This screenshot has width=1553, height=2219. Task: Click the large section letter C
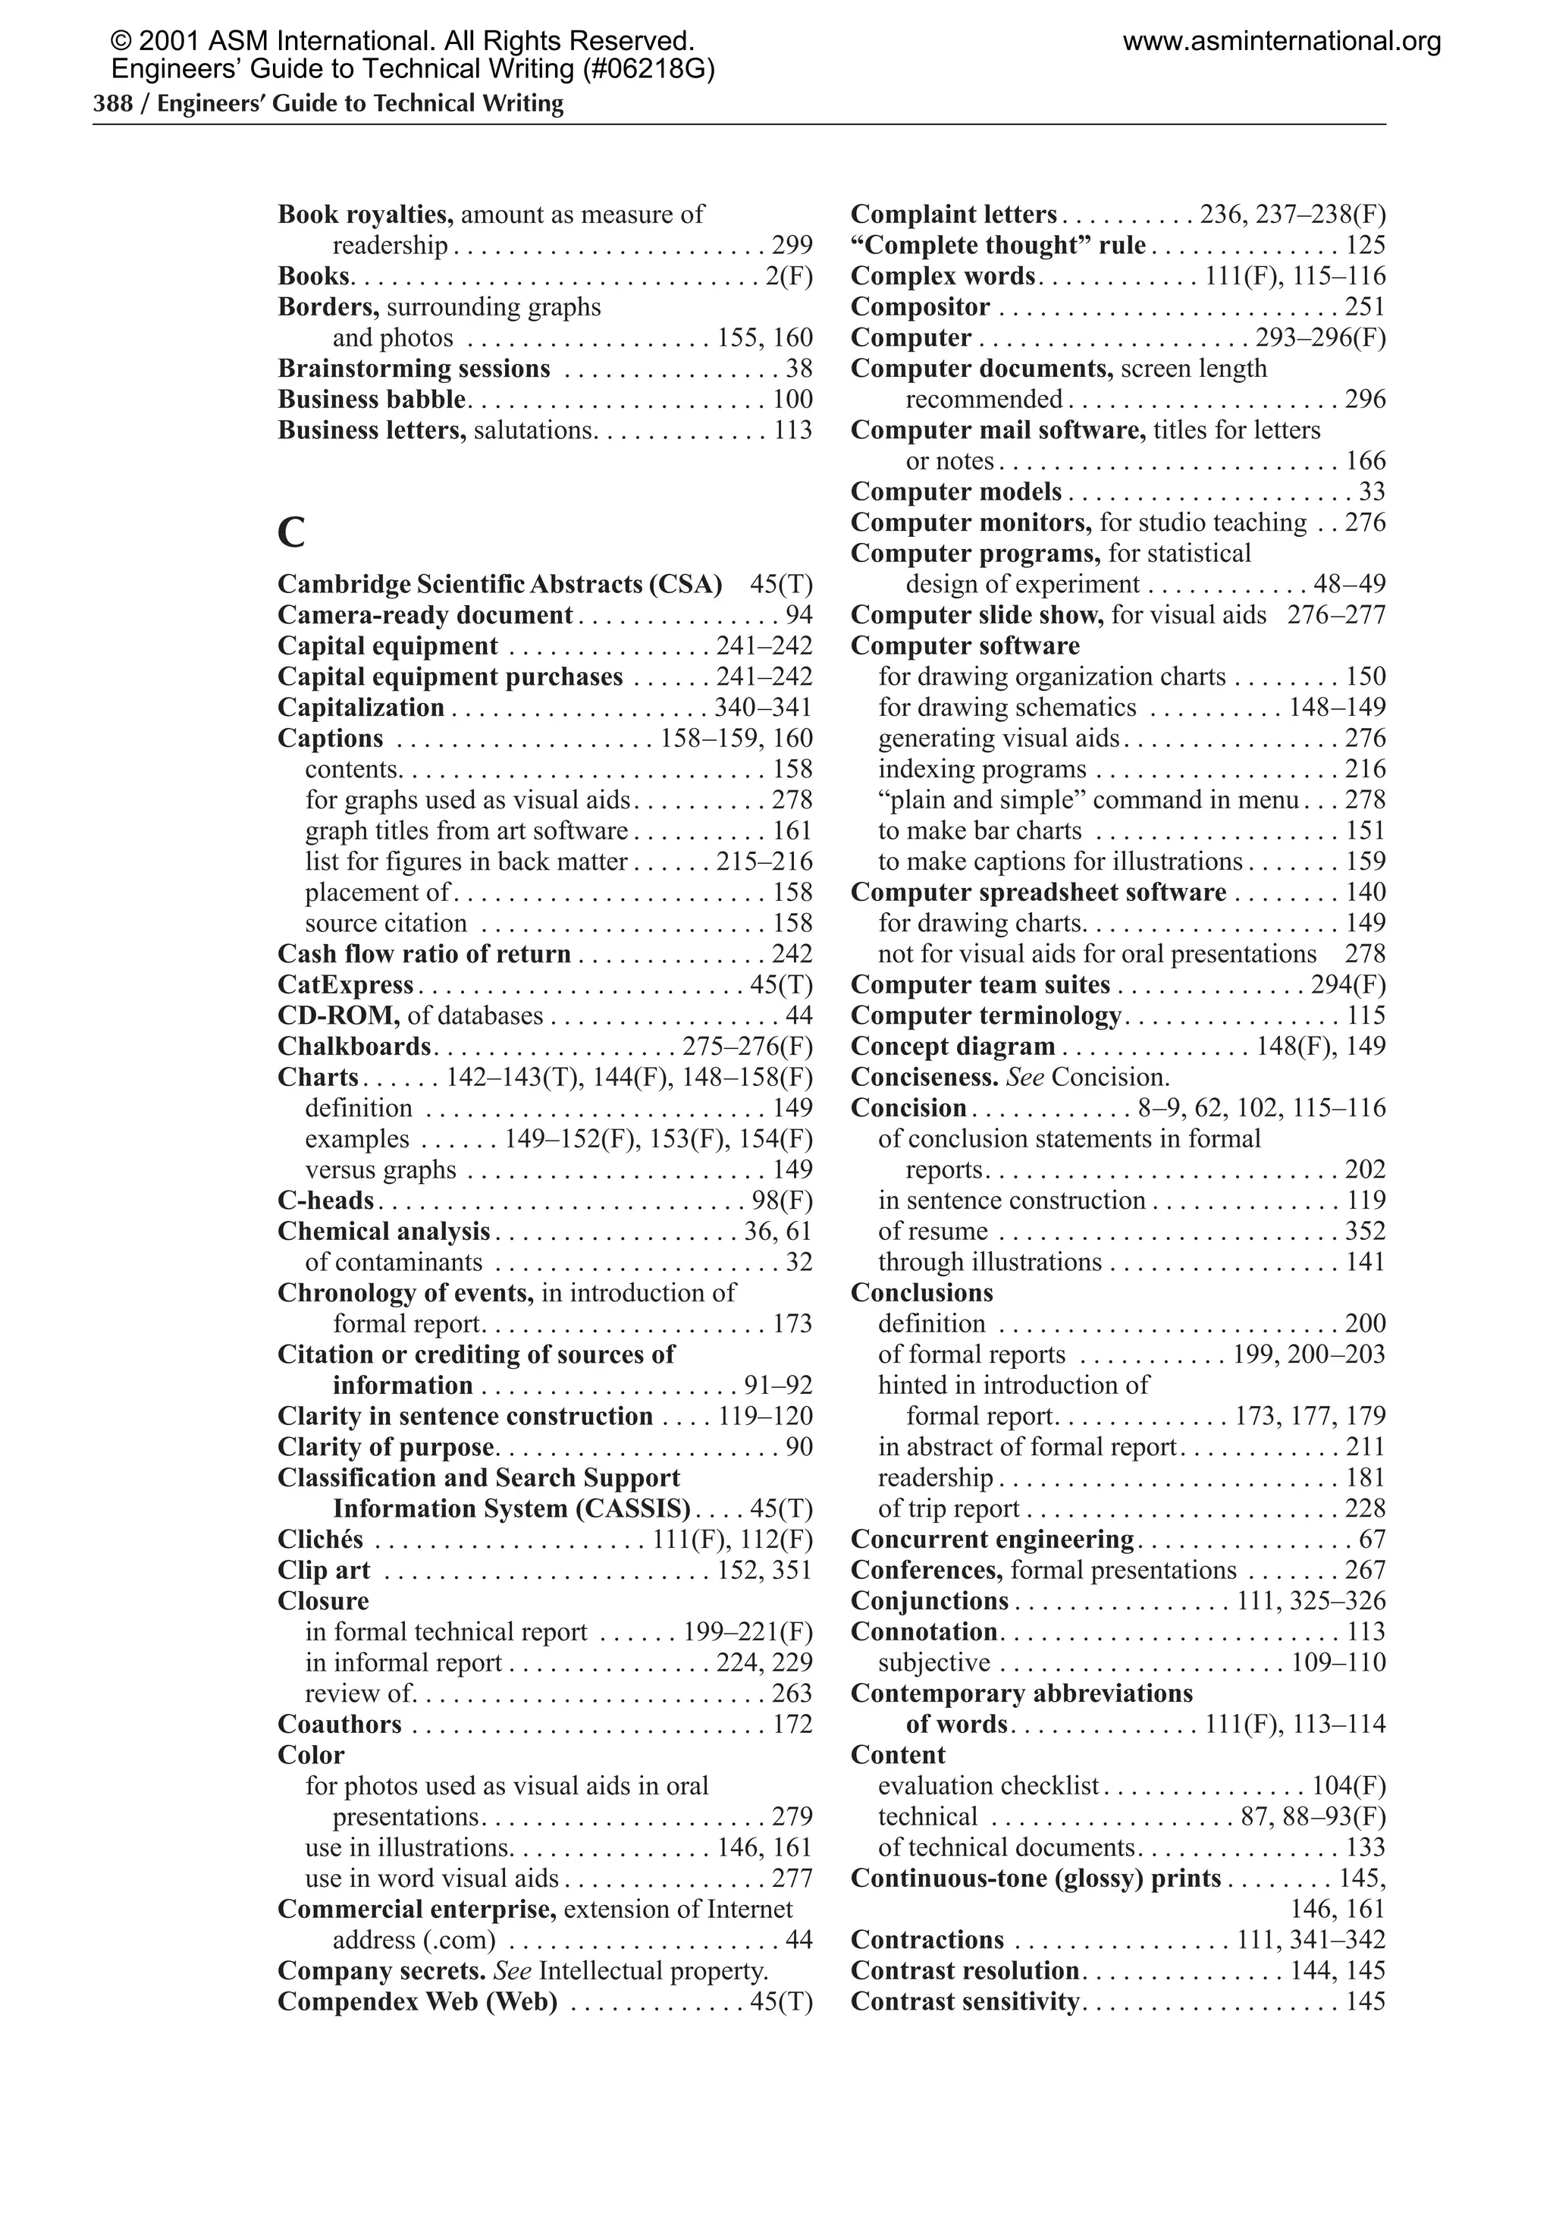tap(291, 532)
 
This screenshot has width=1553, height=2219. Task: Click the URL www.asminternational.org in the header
tap(1282, 42)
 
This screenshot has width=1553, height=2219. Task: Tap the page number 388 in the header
tap(112, 103)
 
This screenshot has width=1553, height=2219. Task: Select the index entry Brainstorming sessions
tap(413, 369)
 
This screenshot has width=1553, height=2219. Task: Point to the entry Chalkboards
tap(353, 1046)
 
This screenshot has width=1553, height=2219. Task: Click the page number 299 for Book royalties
tap(792, 246)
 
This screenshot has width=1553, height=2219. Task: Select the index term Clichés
tap(320, 1539)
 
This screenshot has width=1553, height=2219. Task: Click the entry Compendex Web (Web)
tap(418, 2001)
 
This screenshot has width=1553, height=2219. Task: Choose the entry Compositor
tap(920, 306)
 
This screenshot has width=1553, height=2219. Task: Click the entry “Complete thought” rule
tap(997, 246)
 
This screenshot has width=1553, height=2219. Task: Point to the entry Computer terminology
tap(986, 1015)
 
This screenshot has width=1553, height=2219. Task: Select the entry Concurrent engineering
tap(992, 1539)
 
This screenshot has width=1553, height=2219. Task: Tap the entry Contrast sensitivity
tap(965, 2001)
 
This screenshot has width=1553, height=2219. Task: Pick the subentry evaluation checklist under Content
tap(989, 1785)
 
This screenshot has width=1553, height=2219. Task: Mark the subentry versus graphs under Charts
tap(380, 1169)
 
